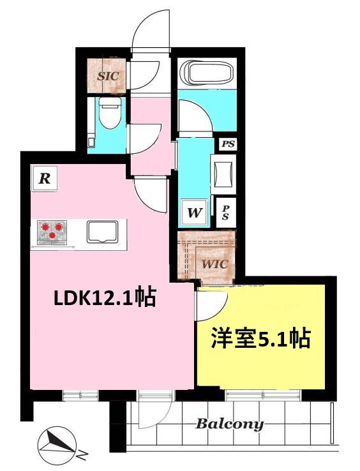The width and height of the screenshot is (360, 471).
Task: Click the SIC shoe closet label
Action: tap(108, 76)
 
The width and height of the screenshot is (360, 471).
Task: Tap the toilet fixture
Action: tap(110, 113)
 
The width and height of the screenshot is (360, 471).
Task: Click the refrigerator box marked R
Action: tap(45, 179)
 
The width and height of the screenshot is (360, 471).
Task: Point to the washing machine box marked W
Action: tap(195, 213)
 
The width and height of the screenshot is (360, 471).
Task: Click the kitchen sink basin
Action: tap(102, 232)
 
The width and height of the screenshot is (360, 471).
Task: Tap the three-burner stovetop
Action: tap(52, 232)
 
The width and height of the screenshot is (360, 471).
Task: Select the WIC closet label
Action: tap(214, 264)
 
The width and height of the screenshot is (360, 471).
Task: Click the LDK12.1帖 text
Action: tap(105, 297)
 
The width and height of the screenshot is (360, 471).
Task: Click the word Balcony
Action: tap(230, 424)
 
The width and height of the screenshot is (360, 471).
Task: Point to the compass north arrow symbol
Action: tap(57, 442)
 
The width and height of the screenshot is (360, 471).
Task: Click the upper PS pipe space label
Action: tap(228, 144)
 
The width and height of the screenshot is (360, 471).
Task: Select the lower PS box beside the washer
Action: tap(226, 213)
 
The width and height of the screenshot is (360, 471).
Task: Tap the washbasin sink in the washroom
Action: tap(223, 174)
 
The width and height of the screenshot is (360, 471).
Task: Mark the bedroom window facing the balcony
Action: tap(263, 395)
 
